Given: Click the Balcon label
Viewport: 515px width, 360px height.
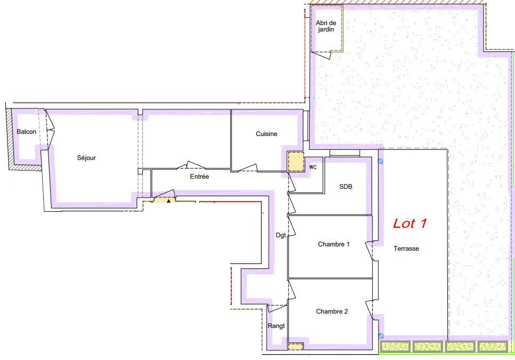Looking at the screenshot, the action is pyautogui.click(x=27, y=132).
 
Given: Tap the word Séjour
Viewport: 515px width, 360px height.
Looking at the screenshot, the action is pyautogui.click(x=86, y=158).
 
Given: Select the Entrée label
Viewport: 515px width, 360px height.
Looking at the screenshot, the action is pyautogui.click(x=199, y=177).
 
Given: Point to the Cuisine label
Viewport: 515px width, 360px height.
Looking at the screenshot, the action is pyautogui.click(x=267, y=134).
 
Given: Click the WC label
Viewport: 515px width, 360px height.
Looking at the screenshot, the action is pyautogui.click(x=313, y=167).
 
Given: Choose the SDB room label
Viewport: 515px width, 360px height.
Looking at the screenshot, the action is pyautogui.click(x=345, y=187).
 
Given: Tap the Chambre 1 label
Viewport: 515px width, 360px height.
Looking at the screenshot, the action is pyautogui.click(x=334, y=244).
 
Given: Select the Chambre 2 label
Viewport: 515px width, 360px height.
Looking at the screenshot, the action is pyautogui.click(x=332, y=311).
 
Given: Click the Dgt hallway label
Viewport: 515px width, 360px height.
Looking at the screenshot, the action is pyautogui.click(x=281, y=236).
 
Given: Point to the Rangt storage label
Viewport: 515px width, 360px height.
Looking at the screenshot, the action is pyautogui.click(x=276, y=326).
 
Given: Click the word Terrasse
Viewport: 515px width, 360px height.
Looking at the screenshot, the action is pyautogui.click(x=406, y=249).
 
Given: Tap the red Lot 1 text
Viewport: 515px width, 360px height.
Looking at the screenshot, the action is pyautogui.click(x=410, y=223).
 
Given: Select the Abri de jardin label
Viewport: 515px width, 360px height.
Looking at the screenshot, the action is pyautogui.click(x=326, y=26).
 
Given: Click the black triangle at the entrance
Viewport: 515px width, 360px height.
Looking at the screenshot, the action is pyautogui.click(x=168, y=201).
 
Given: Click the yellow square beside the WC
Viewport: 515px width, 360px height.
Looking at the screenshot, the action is pyautogui.click(x=296, y=161).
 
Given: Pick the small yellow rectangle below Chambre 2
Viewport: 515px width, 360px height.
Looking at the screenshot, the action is pyautogui.click(x=295, y=347).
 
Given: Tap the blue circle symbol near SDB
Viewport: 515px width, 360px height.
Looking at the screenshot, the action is pyautogui.click(x=381, y=161).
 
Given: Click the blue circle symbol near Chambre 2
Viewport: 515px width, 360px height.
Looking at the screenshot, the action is pyautogui.click(x=381, y=336).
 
